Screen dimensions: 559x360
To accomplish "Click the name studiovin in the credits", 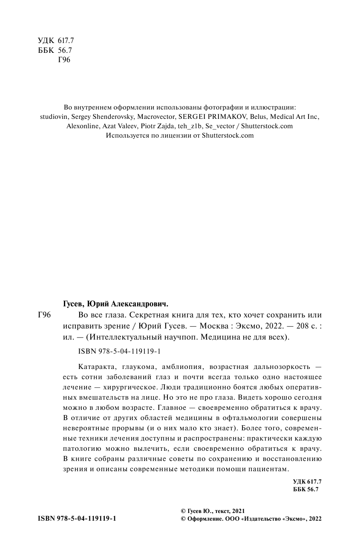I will click(52, 116).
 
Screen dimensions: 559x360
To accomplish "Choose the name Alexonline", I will click(84, 126).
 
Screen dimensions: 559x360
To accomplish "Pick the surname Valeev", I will click(130, 126).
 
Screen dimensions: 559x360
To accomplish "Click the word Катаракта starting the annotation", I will click(95, 367).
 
